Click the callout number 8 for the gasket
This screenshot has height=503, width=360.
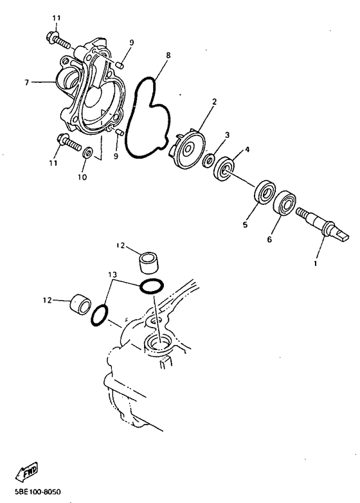[x=168, y=56]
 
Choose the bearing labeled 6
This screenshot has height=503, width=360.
[x=285, y=204]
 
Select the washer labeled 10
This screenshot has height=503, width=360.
[x=88, y=153]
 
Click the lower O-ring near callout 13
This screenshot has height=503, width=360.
[x=100, y=315]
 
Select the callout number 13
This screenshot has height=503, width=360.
[x=113, y=275]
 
